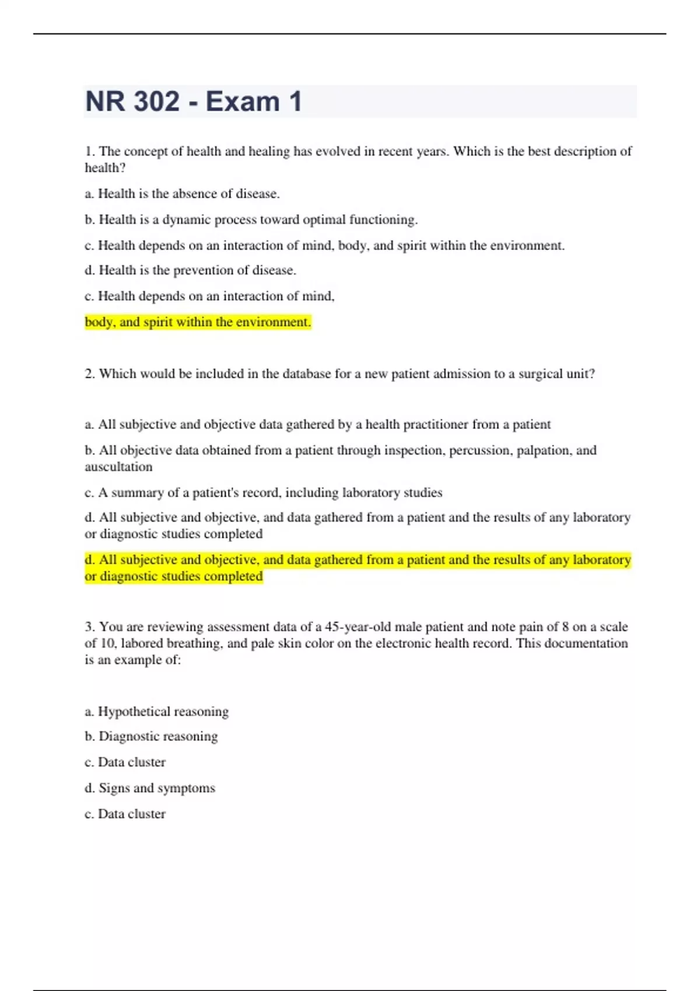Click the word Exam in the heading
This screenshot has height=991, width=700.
[242, 101]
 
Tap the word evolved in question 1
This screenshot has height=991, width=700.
[338, 152]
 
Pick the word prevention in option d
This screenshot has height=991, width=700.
[201, 270]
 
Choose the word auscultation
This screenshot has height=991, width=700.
[118, 467]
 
